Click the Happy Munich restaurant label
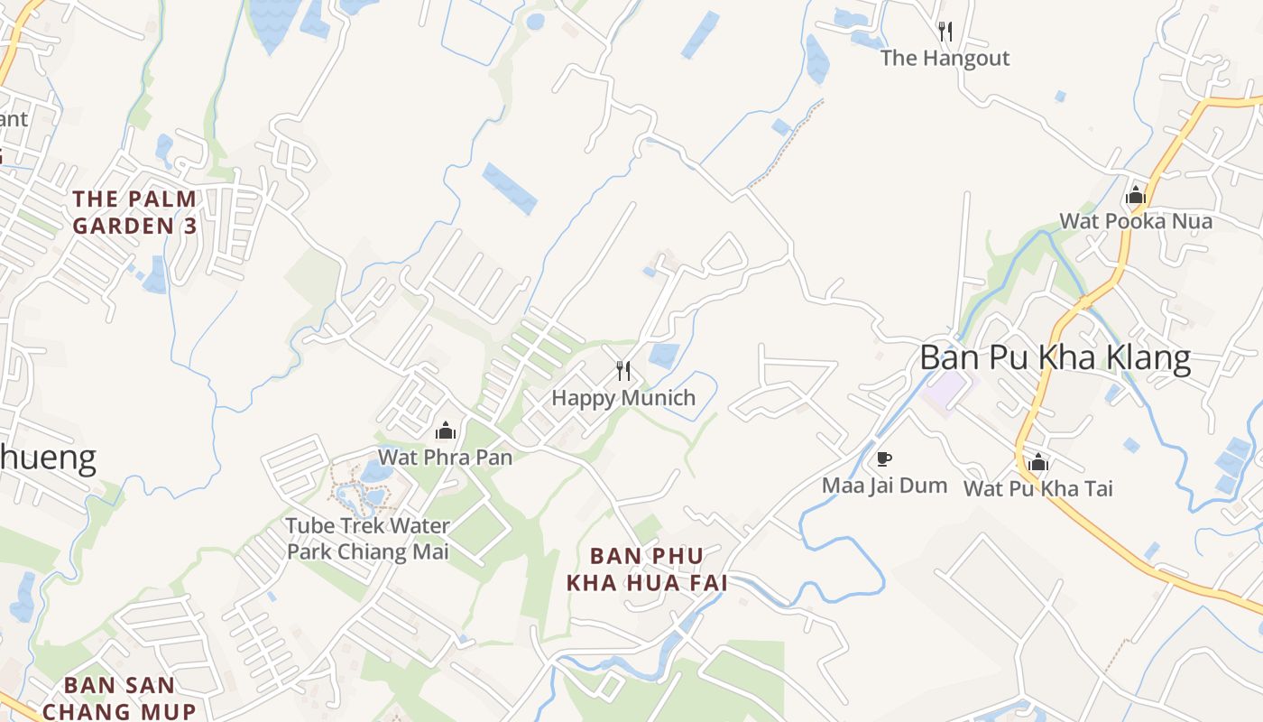(623, 398)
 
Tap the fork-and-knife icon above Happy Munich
(622, 370)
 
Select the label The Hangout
(945, 59)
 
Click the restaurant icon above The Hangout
(945, 32)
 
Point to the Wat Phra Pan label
(445, 458)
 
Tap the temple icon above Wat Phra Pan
(445, 430)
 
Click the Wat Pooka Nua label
(1136, 221)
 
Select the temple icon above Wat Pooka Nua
(1136, 195)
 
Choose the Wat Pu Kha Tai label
(1038, 489)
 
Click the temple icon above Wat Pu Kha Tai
(1038, 463)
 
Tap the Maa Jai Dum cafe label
(884, 486)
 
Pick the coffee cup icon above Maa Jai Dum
(884, 459)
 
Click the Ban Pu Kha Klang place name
(1055, 358)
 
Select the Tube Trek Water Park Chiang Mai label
(367, 538)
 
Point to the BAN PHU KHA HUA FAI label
(647, 569)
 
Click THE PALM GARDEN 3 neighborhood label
(134, 212)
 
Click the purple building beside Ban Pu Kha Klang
(949, 390)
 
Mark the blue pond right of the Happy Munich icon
(664, 356)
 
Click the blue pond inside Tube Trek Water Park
(375, 471)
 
